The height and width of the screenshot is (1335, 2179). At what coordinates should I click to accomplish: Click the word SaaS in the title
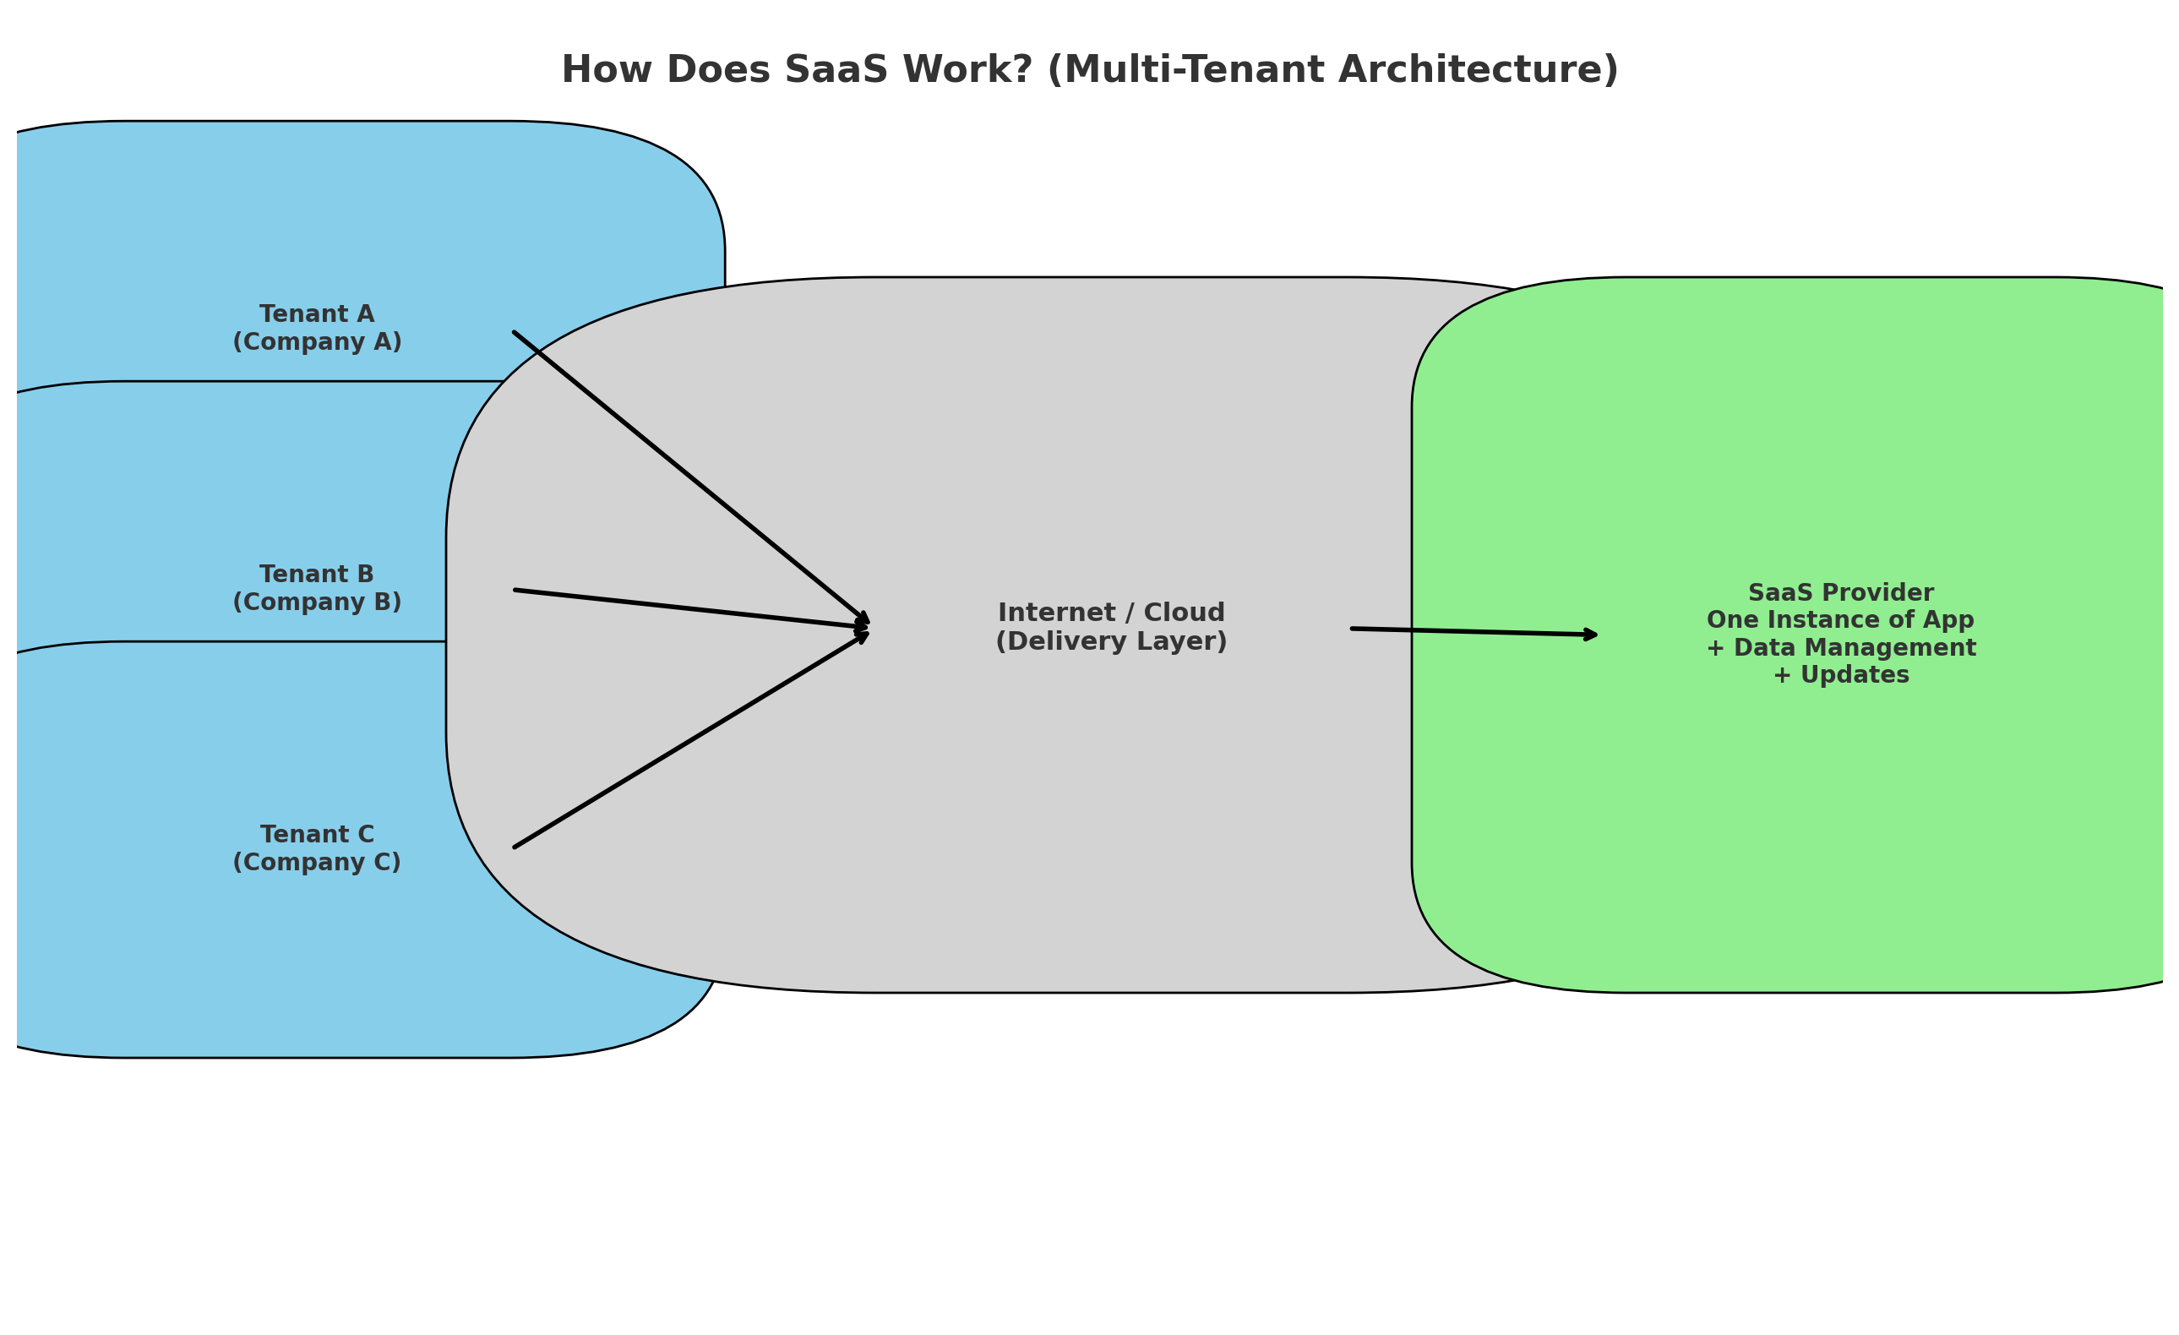tap(836, 70)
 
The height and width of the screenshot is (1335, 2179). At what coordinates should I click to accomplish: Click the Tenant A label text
tap(317, 313)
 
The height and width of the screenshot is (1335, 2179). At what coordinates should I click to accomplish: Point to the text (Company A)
tap(317, 342)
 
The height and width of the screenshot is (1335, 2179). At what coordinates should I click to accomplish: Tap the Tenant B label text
tap(317, 575)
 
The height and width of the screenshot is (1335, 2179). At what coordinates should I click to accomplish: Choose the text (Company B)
tap(317, 603)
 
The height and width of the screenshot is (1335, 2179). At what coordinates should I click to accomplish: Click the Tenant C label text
tap(317, 835)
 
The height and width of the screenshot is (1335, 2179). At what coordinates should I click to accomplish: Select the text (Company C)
tap(317, 863)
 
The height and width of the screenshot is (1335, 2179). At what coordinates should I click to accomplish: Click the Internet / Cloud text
tap(1111, 613)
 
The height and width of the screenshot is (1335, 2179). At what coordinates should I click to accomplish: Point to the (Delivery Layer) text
tap(1111, 642)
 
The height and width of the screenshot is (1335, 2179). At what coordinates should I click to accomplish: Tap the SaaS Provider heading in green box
tap(1840, 593)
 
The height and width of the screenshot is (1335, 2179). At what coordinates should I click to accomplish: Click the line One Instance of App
tap(1840, 621)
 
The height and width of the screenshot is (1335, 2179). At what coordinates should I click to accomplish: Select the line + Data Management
tap(1840, 648)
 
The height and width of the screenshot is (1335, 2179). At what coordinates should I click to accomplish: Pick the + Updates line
tap(1840, 675)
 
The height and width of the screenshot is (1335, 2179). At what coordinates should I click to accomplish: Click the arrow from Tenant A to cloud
tap(689, 477)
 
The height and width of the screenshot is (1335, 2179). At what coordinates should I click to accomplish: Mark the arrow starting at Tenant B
tap(689, 609)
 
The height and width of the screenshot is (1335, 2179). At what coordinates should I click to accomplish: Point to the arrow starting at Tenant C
tap(689, 741)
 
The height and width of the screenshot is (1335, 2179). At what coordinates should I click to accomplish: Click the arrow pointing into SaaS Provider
tap(1473, 631)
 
